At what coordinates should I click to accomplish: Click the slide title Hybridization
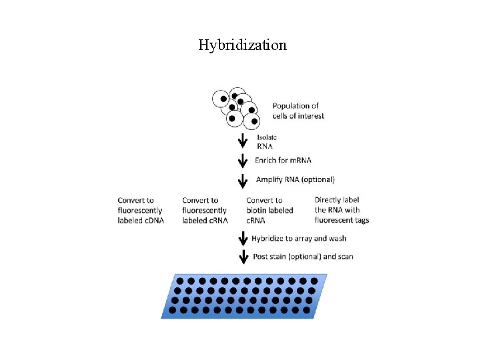coord(242,45)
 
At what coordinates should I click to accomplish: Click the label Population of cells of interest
coord(298,111)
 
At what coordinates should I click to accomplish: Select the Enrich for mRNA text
coord(283,160)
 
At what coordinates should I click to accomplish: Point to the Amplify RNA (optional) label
coord(295,179)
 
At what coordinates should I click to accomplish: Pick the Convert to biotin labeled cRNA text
coord(270,210)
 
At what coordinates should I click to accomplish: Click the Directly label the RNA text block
coord(342,210)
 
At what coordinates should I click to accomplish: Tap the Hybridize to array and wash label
coord(302,238)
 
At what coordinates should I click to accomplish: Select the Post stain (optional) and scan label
coord(302,257)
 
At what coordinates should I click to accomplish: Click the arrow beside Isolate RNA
coord(243,142)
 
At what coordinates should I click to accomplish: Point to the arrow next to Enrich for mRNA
coord(243,161)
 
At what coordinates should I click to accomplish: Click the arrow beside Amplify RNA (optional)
coord(243,180)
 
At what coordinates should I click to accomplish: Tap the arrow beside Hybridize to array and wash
coord(243,239)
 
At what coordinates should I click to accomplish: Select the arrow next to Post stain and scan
coord(243,257)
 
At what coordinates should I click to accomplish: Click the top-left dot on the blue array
coord(179,281)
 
